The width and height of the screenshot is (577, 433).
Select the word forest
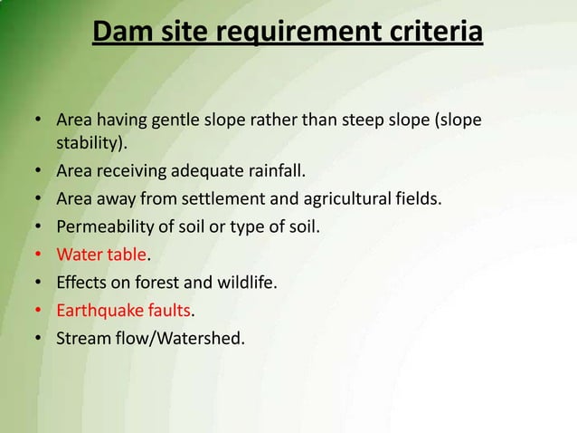(164, 282)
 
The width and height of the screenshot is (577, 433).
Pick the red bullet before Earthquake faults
(39, 311)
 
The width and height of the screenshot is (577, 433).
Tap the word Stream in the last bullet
(82, 338)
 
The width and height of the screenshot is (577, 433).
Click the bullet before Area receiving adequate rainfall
(39, 170)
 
